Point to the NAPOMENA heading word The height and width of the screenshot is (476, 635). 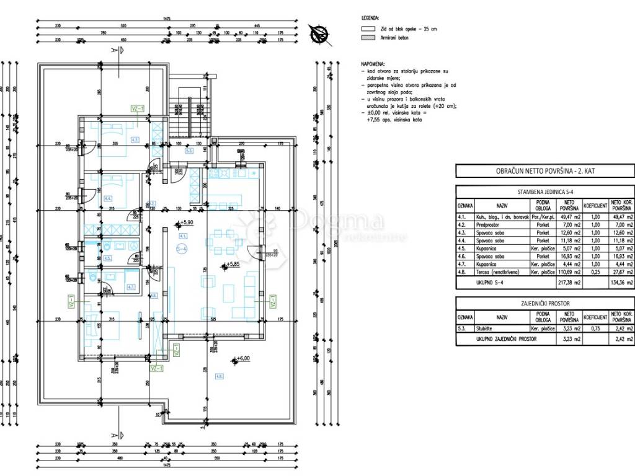(373, 64)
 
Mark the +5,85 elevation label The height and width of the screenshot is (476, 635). (231, 265)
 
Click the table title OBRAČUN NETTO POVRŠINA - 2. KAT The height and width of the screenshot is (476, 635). (545, 171)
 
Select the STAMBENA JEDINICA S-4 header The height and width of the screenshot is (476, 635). (545, 192)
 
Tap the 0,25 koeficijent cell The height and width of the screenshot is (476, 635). (593, 272)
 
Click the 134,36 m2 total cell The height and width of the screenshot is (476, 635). (621, 283)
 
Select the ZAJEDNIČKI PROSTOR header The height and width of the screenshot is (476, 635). (545, 304)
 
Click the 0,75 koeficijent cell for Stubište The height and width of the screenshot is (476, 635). (593, 330)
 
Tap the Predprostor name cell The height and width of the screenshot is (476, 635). (502, 224)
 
